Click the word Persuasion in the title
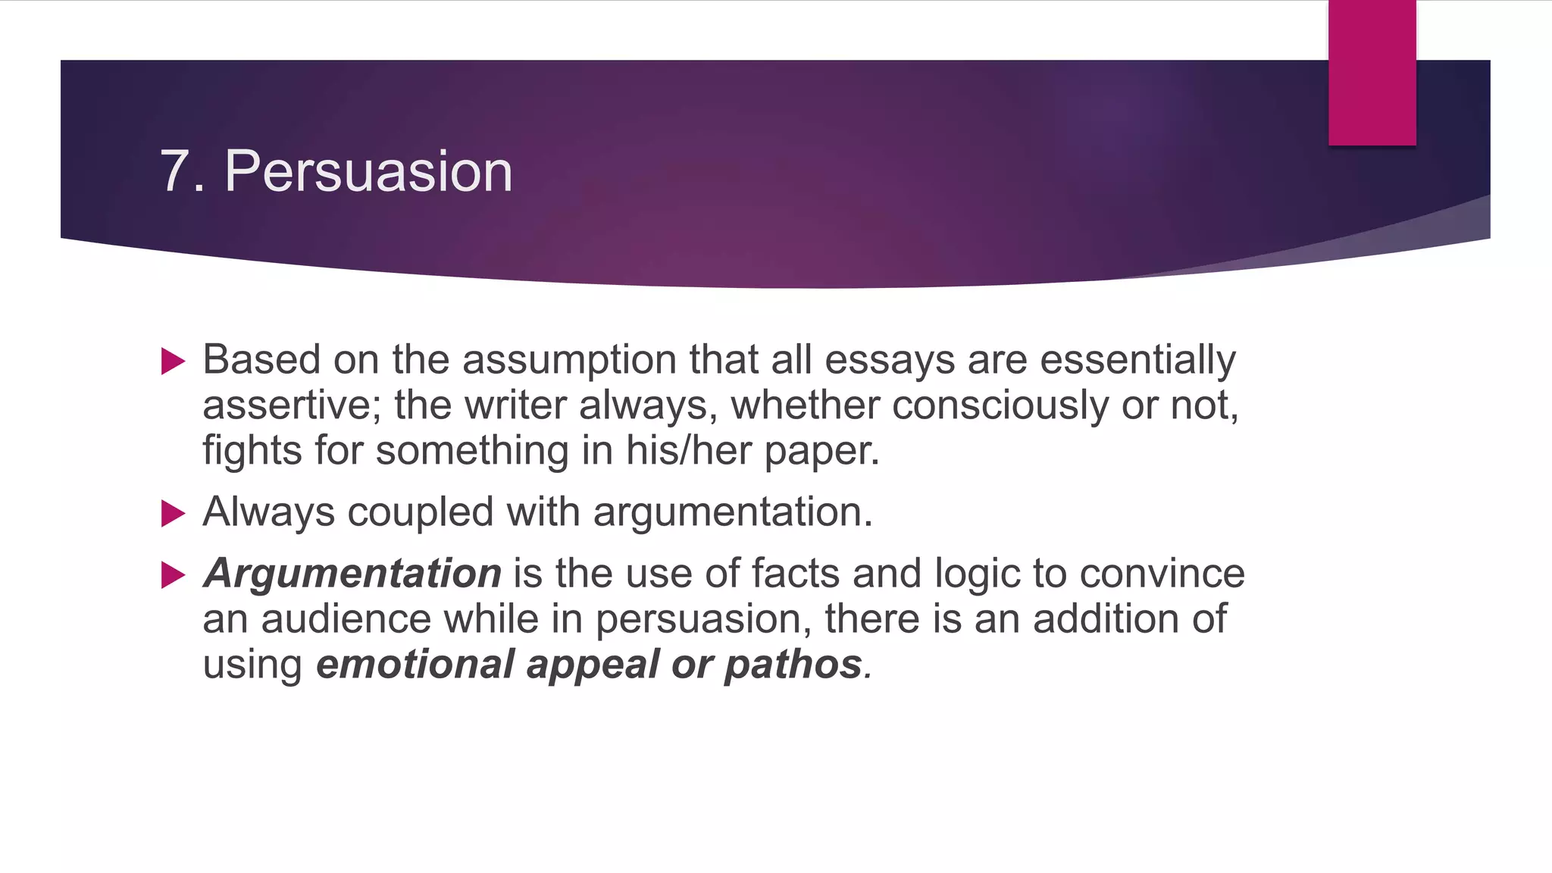click(x=368, y=171)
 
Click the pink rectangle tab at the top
click(x=1372, y=73)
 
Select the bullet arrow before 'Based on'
click(x=174, y=361)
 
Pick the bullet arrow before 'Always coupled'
click(x=174, y=514)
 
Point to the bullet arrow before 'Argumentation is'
click(x=174, y=575)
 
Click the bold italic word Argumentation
click(x=352, y=573)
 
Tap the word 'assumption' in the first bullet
click(x=569, y=360)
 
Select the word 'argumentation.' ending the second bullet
click(x=733, y=512)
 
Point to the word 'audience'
click(x=346, y=619)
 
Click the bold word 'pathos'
click(x=793, y=665)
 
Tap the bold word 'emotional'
click(x=415, y=665)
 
